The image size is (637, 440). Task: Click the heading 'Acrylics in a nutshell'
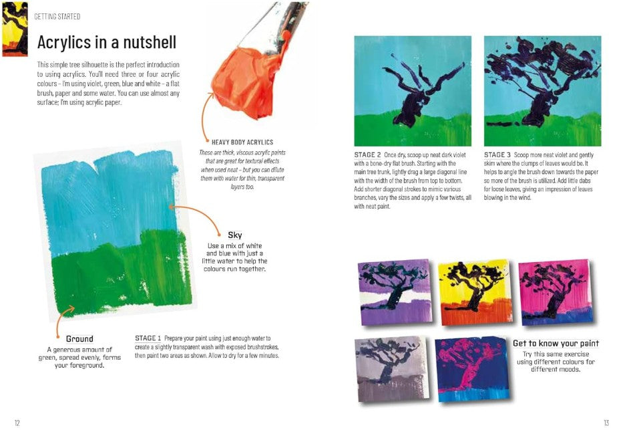(107, 42)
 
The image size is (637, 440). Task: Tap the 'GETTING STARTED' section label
(57, 17)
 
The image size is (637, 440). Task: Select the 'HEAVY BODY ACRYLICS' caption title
(242, 142)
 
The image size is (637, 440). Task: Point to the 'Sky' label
(235, 235)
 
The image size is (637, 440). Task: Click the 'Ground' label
(79, 338)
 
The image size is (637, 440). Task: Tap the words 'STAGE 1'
(148, 338)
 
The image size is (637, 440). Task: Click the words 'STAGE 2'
(367, 154)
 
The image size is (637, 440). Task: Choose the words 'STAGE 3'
(497, 154)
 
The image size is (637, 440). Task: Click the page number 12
(17, 423)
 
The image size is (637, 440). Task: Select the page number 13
(606, 423)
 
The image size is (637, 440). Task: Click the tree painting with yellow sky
(475, 292)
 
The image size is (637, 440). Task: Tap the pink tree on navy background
(473, 368)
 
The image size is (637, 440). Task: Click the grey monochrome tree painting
(392, 368)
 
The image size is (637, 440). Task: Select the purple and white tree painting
(395, 292)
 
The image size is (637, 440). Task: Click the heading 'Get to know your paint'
(556, 343)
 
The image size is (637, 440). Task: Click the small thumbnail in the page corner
(15, 29)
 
